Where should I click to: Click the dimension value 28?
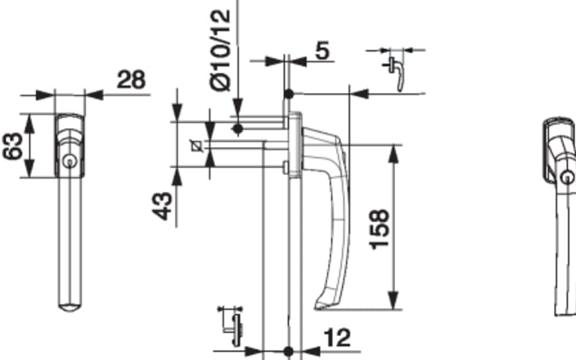coord(131,79)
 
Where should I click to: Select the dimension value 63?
coord(12,145)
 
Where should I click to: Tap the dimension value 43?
coord(162,206)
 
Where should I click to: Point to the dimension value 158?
coord(379,229)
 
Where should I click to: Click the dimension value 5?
coord(322,50)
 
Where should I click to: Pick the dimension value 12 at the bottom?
coord(337,338)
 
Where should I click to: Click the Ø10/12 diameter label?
coord(220,50)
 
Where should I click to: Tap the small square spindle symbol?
coord(197,146)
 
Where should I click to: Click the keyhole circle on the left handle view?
coord(69,162)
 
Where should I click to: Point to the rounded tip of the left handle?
coord(70,307)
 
